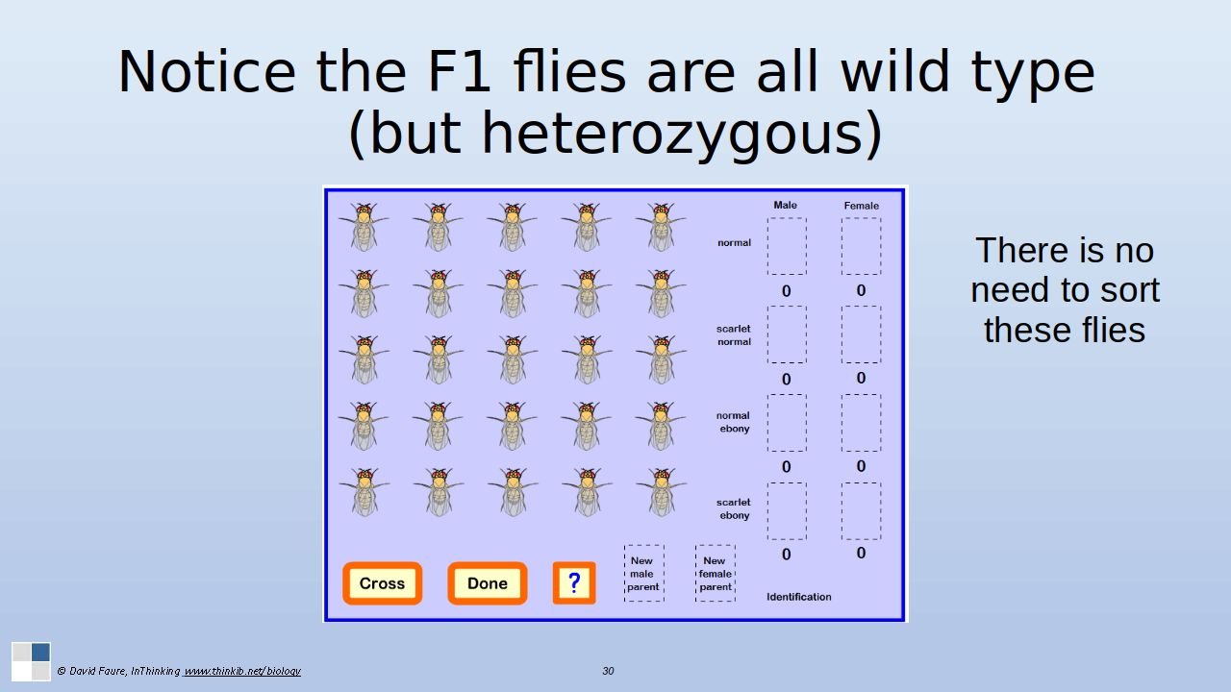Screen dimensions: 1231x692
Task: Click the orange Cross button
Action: (382, 583)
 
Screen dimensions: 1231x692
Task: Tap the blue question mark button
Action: (574, 582)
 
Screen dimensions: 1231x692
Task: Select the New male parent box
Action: (644, 574)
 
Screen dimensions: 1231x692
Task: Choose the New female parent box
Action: (715, 574)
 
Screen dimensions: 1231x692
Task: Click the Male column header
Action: (785, 205)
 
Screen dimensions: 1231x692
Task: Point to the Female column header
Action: (861, 206)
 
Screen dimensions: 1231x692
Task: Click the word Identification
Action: (799, 597)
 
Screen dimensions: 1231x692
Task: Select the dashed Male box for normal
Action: (787, 246)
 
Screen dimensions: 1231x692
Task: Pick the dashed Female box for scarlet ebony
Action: (861, 511)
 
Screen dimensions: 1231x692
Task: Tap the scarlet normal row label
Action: (734, 335)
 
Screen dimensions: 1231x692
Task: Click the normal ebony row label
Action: (733, 422)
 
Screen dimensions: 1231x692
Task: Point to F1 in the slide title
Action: (459, 72)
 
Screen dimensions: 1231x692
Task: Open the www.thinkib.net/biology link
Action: (241, 671)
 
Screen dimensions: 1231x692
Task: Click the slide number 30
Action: (608, 671)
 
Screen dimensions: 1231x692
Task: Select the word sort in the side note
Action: (1120, 290)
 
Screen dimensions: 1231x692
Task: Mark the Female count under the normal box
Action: (861, 290)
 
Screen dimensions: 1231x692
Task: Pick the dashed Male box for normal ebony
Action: (787, 423)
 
